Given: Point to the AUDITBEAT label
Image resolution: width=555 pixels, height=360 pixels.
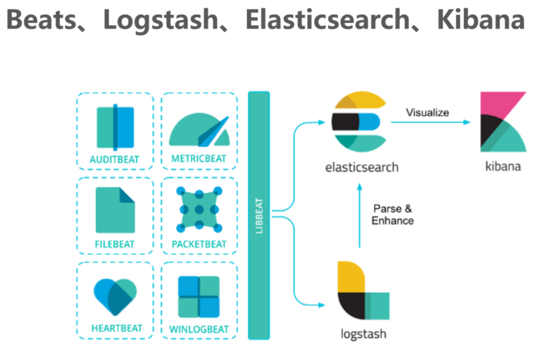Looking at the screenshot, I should tap(115, 160).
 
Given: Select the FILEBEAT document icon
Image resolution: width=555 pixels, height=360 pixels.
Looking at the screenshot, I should tap(115, 210).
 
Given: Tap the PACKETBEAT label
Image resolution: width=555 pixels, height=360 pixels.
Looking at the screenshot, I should tap(199, 244).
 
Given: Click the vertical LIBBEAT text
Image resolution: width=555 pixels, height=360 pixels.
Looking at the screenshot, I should tap(259, 215).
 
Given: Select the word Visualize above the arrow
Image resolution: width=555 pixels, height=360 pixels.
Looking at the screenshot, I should tap(427, 113).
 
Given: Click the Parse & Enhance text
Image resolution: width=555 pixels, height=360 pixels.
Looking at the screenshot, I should tap(392, 215).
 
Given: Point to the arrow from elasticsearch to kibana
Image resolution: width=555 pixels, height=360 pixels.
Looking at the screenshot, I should tap(430, 122).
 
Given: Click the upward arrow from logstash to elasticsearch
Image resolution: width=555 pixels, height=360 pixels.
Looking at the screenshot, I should tap(360, 215).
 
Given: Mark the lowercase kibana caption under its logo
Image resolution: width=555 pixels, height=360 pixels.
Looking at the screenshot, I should tap(503, 166).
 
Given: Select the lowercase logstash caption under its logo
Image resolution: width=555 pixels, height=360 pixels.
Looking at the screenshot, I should tap(363, 335).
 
